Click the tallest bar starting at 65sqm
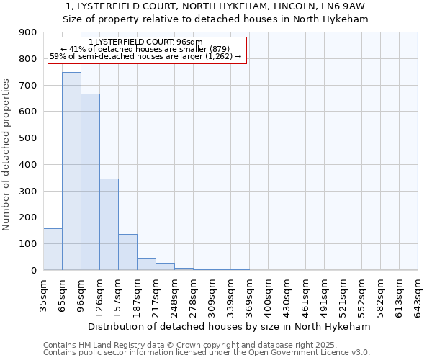pyautogui.click(x=71, y=171)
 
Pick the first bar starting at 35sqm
pyautogui.click(x=53, y=249)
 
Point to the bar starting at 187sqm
pyautogui.click(x=146, y=264)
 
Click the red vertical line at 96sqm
pyautogui.click(x=81, y=180)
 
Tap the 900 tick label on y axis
pyautogui.click(x=28, y=32)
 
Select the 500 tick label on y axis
pyautogui.click(x=28, y=138)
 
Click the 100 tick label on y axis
pyautogui.click(x=28, y=244)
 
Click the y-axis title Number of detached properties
pyautogui.click(x=7, y=151)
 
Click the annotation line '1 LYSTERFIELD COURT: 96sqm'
pyautogui.click(x=147, y=42)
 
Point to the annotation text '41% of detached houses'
pyautogui.click(x=147, y=49)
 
